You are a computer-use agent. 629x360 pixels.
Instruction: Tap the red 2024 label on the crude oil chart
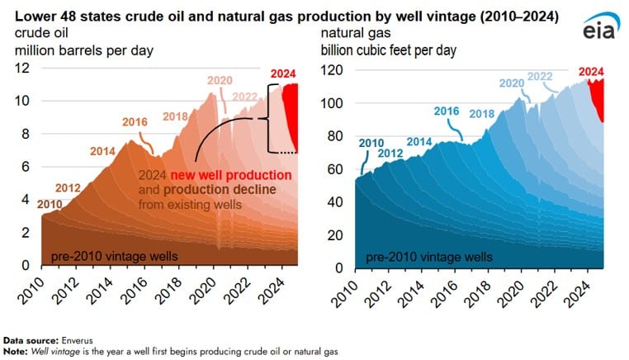click(x=283, y=73)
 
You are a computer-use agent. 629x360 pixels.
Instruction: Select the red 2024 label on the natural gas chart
click(x=591, y=72)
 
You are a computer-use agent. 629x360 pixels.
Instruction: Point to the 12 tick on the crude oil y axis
click(x=22, y=68)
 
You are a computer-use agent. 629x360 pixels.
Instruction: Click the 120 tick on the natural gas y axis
click(x=332, y=70)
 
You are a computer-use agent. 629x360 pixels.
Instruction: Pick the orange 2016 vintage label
click(x=135, y=122)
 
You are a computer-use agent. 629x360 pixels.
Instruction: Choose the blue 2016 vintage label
click(x=447, y=111)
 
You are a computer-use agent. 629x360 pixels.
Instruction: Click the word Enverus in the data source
click(x=77, y=341)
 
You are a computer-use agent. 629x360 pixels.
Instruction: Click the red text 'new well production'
click(x=231, y=175)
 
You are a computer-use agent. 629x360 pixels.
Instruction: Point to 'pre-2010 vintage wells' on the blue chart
click(x=429, y=258)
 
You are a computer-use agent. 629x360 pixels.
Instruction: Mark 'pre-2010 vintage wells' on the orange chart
click(x=115, y=257)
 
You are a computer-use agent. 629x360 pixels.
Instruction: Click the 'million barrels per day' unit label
click(x=84, y=51)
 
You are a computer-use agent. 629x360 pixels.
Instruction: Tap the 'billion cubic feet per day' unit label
click(x=389, y=50)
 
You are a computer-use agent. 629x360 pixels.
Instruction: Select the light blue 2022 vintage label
click(x=540, y=76)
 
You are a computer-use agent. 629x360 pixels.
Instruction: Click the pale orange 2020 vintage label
click(x=220, y=81)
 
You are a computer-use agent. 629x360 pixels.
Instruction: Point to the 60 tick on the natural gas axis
click(x=335, y=169)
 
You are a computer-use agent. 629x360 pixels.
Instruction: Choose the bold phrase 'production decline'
click(x=220, y=190)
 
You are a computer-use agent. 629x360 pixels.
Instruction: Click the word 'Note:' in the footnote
click(x=16, y=352)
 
